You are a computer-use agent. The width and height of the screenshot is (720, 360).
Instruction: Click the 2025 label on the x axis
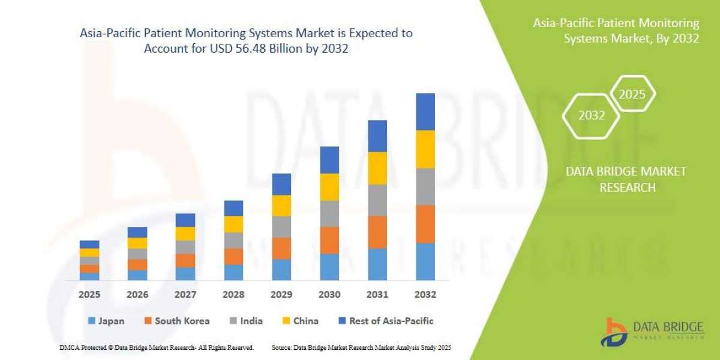pyautogui.click(x=89, y=295)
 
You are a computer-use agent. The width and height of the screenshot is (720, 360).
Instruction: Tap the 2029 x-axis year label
pyautogui.click(x=281, y=295)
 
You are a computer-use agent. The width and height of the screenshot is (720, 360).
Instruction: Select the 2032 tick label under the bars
pyautogui.click(x=425, y=295)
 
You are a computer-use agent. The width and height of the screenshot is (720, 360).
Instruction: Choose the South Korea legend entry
pyautogui.click(x=176, y=321)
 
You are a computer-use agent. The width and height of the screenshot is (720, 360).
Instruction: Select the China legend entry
pyautogui.click(x=299, y=321)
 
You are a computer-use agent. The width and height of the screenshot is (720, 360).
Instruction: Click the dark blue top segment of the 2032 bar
pyautogui.click(x=425, y=112)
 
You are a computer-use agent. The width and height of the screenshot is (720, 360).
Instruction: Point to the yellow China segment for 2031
pyautogui.click(x=377, y=168)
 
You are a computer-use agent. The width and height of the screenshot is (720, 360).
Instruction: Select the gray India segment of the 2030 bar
pyautogui.click(x=329, y=214)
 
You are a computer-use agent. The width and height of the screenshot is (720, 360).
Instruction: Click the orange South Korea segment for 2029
pyautogui.click(x=281, y=248)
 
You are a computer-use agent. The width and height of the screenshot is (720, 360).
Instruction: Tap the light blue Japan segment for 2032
pyautogui.click(x=425, y=262)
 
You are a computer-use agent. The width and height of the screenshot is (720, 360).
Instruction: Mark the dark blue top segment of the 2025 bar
pyautogui.click(x=89, y=244)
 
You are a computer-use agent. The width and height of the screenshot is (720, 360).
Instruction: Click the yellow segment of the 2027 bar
pyautogui.click(x=185, y=233)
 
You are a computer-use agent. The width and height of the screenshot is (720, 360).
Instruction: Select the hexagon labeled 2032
pyautogui.click(x=592, y=116)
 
